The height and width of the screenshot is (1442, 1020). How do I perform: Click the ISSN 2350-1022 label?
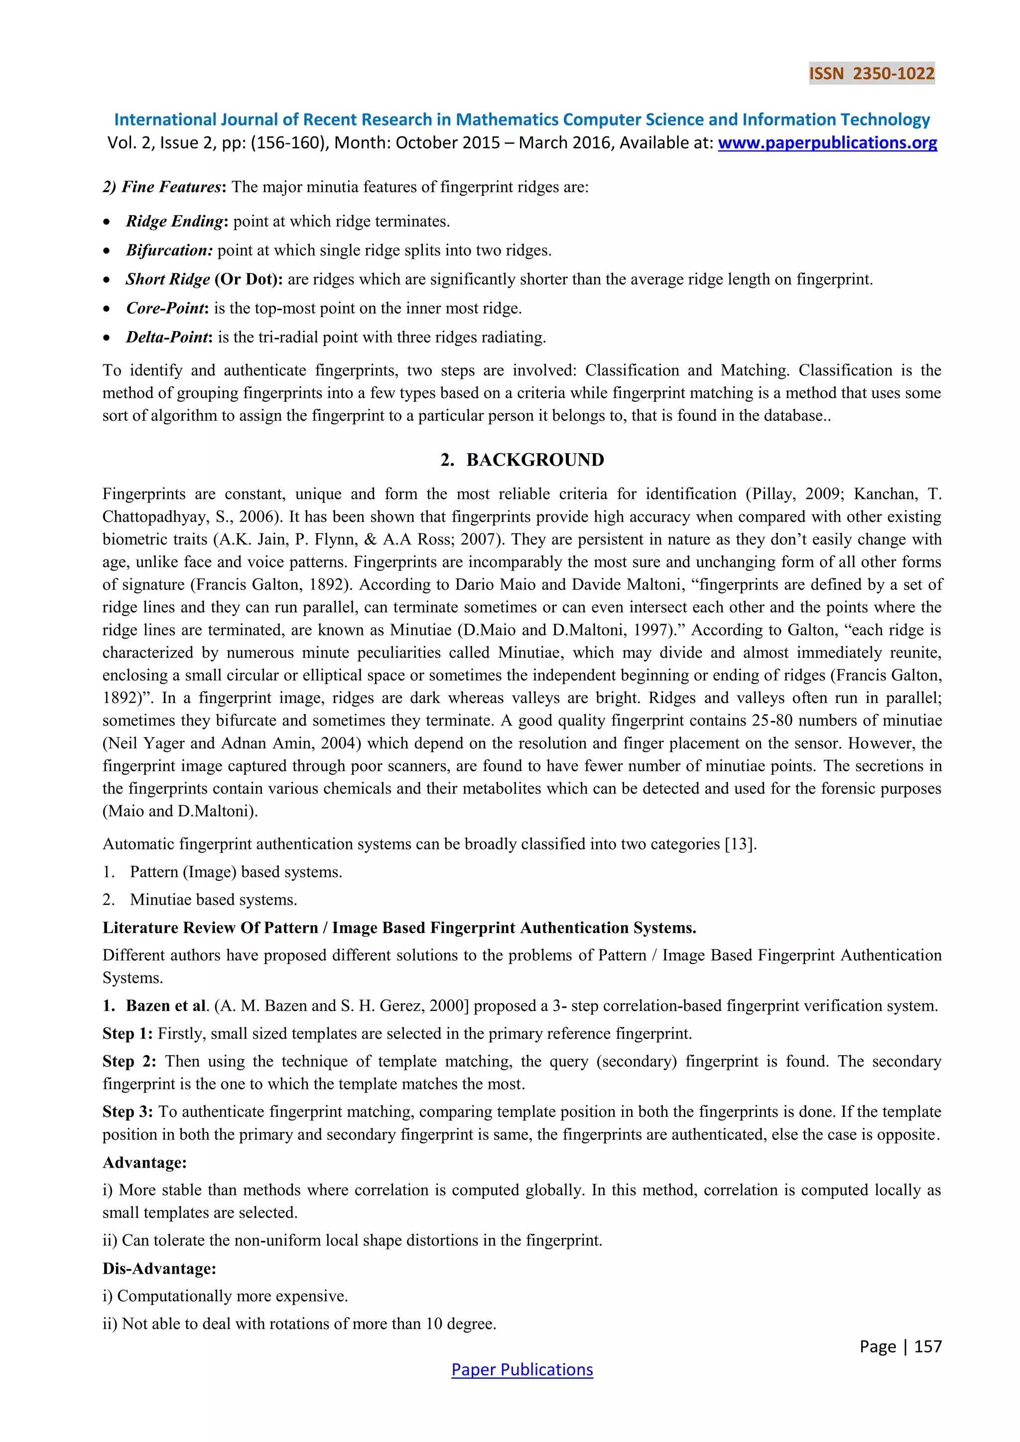coord(871,74)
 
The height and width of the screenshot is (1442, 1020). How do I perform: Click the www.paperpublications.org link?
coord(827,143)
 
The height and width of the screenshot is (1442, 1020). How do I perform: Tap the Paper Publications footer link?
coord(522,1369)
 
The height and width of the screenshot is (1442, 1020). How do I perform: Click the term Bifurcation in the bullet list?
coord(169,250)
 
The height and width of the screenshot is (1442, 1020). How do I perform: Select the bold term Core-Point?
coord(166,308)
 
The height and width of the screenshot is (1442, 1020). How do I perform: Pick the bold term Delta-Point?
coord(167,337)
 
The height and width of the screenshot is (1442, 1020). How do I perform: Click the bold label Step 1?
coord(127,1034)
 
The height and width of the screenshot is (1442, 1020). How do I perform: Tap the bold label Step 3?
coord(127,1112)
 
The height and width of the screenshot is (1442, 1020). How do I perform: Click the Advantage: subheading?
coord(144,1163)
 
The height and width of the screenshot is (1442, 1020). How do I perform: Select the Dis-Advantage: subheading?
coord(159,1269)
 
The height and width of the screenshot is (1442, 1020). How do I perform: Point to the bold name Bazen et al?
coord(166,1006)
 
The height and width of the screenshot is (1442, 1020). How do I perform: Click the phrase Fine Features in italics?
coord(171,187)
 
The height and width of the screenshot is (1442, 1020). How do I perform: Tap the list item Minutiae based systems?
coord(213,900)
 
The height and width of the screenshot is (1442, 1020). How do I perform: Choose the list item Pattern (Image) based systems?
coord(236,872)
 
